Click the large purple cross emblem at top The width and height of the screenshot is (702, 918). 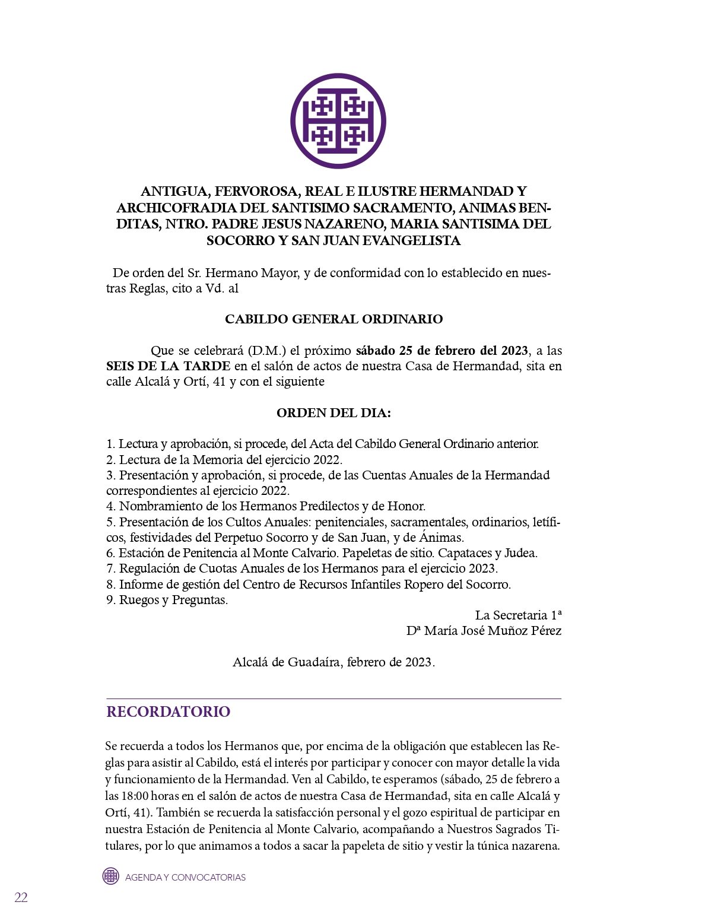point(338,121)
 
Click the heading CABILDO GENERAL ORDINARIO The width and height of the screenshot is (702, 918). point(333,319)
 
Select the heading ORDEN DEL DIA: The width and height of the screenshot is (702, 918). point(333,413)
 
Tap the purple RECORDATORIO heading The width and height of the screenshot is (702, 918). point(168,711)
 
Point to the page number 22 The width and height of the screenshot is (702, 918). point(21,897)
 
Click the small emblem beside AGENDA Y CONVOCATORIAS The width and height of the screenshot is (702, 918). point(111,876)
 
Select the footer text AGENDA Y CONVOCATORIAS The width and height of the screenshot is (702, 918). point(185,877)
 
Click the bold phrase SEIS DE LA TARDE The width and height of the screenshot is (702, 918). point(168,366)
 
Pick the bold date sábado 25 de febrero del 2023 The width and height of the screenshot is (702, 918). point(443,351)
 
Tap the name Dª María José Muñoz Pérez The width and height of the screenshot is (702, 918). point(484,631)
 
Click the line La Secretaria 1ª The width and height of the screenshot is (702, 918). point(518,615)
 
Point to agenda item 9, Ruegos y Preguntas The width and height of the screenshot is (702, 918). point(167,600)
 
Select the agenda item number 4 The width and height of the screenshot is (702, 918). point(110,506)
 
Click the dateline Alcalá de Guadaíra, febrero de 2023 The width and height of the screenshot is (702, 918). point(333,662)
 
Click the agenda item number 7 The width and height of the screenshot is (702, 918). point(110,568)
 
